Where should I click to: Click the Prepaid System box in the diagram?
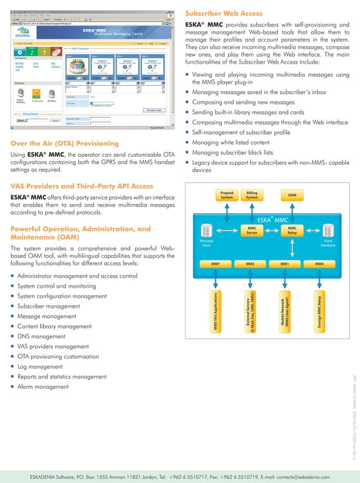pos(227,195)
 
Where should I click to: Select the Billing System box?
pos(252,195)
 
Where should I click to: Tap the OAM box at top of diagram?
pos(292,195)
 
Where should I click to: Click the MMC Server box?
pos(252,230)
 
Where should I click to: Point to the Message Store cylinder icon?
pos(206,231)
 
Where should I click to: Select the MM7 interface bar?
pos(215,264)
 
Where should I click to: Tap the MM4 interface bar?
pos(319,264)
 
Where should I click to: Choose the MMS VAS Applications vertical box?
pos(215,312)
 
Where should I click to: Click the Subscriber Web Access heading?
pos(224,13)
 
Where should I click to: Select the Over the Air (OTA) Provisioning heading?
pos(65,143)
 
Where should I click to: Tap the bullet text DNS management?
pos(41,336)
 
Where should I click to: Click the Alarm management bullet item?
pos(43,387)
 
